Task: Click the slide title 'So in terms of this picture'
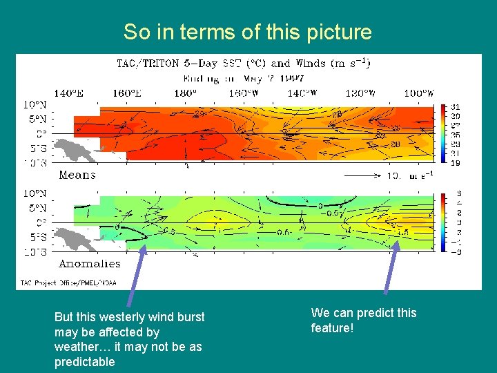pyautogui.click(x=247, y=32)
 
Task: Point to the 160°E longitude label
pyautogui.click(x=128, y=93)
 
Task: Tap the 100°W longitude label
pyautogui.click(x=419, y=93)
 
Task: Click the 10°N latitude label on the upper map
pyautogui.click(x=35, y=104)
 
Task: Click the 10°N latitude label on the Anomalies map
pyautogui.click(x=35, y=193)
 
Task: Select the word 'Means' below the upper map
pyautogui.click(x=77, y=175)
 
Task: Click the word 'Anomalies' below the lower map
pyautogui.click(x=90, y=264)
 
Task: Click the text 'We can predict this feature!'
pyautogui.click(x=364, y=321)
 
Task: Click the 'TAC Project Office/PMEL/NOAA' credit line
pyautogui.click(x=68, y=282)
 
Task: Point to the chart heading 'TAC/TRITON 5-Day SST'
pyautogui.click(x=186, y=64)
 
